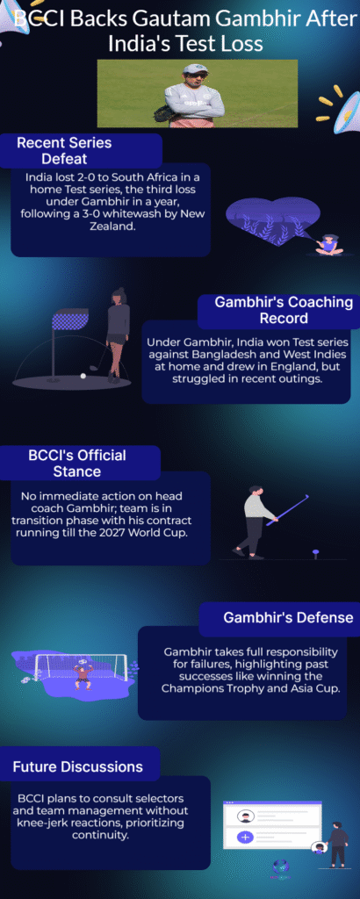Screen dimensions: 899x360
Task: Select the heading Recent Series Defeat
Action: tap(64, 150)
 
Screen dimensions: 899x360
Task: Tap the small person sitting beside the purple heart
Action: tap(329, 243)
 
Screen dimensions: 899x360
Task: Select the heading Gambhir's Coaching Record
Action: tap(283, 310)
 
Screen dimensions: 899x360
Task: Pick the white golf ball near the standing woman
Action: tap(83, 376)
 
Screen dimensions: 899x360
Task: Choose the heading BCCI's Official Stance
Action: tap(64, 463)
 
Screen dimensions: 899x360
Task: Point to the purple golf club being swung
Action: tap(291, 508)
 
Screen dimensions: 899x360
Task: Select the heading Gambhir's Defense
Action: tap(287, 618)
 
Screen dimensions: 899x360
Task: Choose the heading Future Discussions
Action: tap(77, 766)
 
